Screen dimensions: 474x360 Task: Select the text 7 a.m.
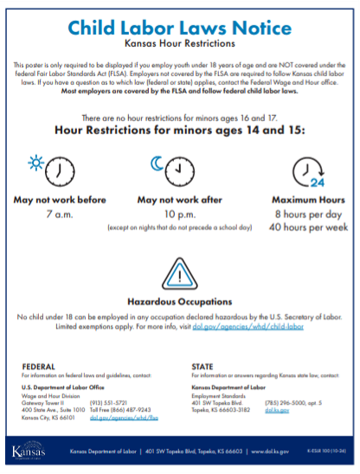[x=60, y=213]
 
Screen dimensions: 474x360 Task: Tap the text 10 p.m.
[x=180, y=213]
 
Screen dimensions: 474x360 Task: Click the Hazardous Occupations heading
[x=180, y=302]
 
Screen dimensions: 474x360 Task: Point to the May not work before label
[x=60, y=199]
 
